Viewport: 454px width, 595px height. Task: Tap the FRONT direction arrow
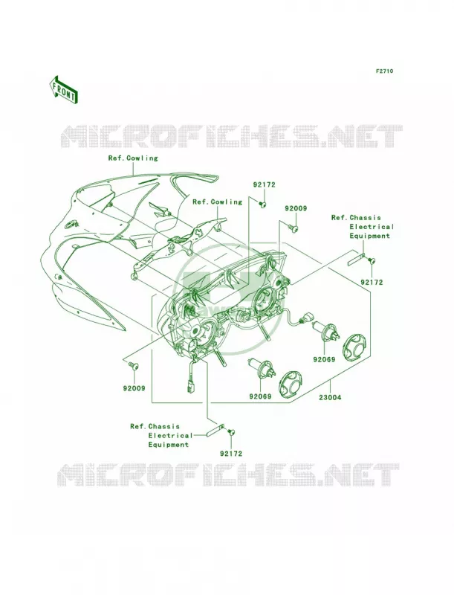tap(64, 89)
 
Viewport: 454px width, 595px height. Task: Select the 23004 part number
tap(330, 398)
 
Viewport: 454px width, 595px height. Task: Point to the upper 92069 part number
tap(324, 359)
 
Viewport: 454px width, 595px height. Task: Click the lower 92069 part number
tap(260, 396)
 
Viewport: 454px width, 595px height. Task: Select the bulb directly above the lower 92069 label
tap(261, 369)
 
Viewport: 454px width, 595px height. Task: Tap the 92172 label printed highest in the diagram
tap(264, 185)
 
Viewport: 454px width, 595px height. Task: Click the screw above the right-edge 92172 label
tap(371, 260)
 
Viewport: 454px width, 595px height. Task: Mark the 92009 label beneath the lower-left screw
tap(134, 388)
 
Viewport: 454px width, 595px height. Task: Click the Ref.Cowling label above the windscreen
tap(133, 158)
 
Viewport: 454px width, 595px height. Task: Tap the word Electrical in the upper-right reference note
tap(372, 227)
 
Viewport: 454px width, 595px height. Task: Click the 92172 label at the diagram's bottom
tap(230, 454)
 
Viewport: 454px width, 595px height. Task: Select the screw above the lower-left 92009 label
tap(133, 365)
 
